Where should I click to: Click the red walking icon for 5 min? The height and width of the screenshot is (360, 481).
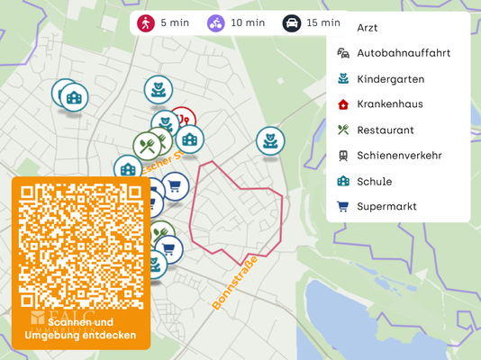[145, 22]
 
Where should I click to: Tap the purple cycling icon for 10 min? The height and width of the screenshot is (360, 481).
[215, 22]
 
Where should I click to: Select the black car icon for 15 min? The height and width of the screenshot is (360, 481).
[291, 22]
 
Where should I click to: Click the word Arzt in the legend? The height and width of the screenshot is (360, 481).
[368, 28]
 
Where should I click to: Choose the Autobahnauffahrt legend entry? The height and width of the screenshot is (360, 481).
[403, 53]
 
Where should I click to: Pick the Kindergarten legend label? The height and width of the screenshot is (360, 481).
[390, 79]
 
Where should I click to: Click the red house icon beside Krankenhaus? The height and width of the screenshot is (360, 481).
[342, 104]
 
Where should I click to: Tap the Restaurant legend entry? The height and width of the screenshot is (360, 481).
[385, 130]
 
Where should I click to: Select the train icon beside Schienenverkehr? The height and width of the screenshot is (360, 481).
[342, 156]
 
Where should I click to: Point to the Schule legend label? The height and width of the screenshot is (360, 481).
[374, 181]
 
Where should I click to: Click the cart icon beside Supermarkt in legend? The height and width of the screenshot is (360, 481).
[342, 207]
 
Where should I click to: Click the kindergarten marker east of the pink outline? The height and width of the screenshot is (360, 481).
[269, 139]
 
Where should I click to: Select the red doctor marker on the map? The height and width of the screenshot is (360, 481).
[183, 120]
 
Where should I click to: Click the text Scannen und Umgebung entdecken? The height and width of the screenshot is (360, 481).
[81, 328]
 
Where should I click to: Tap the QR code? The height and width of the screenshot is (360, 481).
[81, 243]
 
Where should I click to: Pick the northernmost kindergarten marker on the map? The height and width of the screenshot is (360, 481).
[158, 88]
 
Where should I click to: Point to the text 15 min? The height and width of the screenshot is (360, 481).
[323, 22]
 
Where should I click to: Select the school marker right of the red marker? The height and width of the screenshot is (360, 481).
[189, 139]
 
